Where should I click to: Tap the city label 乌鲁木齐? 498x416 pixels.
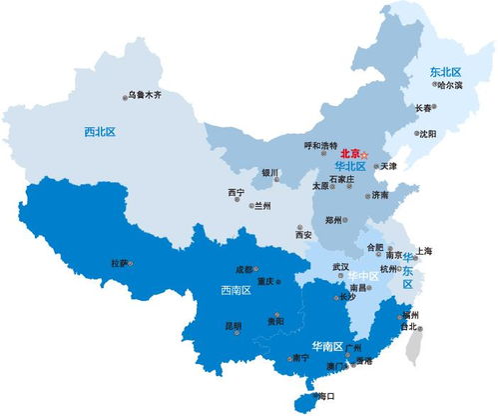(x=145, y=95)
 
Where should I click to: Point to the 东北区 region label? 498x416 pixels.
(x=445, y=72)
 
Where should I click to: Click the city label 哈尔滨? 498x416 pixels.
(x=449, y=86)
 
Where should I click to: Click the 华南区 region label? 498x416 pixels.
(x=326, y=346)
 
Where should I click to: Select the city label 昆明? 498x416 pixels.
(x=233, y=325)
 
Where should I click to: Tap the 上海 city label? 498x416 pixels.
(x=425, y=250)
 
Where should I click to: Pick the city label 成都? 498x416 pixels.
(x=245, y=270)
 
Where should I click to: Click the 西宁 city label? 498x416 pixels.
(x=237, y=192)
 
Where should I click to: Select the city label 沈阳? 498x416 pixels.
(x=428, y=133)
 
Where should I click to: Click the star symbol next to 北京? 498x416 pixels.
(x=365, y=155)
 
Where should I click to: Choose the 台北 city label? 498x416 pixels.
(x=408, y=326)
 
